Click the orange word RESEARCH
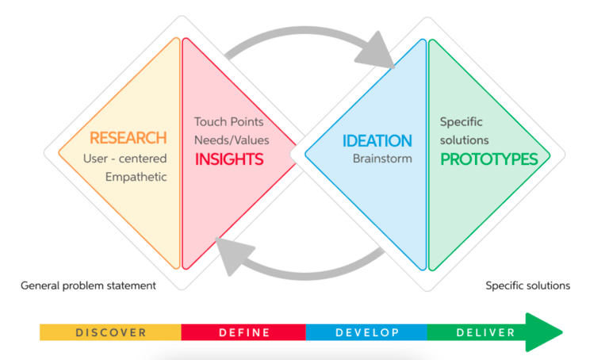[128, 139]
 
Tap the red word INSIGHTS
[229, 159]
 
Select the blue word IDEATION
[377, 141]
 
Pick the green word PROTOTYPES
[489, 159]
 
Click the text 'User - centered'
[125, 159]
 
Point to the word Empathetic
[136, 177]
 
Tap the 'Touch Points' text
[229, 122]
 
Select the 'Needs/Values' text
[232, 140]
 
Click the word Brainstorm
[382, 159]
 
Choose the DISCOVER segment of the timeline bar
[111, 332]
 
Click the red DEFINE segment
[243, 332]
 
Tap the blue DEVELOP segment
[366, 332]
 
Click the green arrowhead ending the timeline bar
[546, 332]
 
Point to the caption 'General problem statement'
[88, 285]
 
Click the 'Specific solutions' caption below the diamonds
[527, 285]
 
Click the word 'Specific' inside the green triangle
[462, 122]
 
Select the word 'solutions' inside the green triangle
[465, 140]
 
